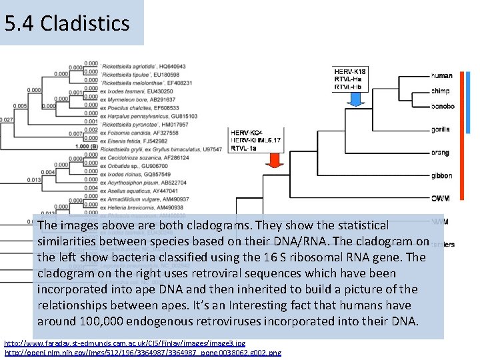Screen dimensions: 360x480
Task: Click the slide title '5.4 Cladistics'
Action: (x=67, y=24)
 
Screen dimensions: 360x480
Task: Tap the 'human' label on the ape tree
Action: (x=441, y=76)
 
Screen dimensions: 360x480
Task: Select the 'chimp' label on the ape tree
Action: (x=440, y=91)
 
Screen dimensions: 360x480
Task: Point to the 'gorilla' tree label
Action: (x=440, y=129)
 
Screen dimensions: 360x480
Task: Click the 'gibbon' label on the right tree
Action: (x=441, y=176)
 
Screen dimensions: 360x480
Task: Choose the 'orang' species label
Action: (x=440, y=153)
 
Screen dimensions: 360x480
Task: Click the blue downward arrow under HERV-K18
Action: (x=355, y=98)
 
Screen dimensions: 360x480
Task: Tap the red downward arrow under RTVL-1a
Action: (x=274, y=161)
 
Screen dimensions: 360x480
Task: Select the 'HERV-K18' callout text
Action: (x=350, y=71)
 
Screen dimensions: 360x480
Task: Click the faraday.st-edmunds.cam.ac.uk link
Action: (x=119, y=344)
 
